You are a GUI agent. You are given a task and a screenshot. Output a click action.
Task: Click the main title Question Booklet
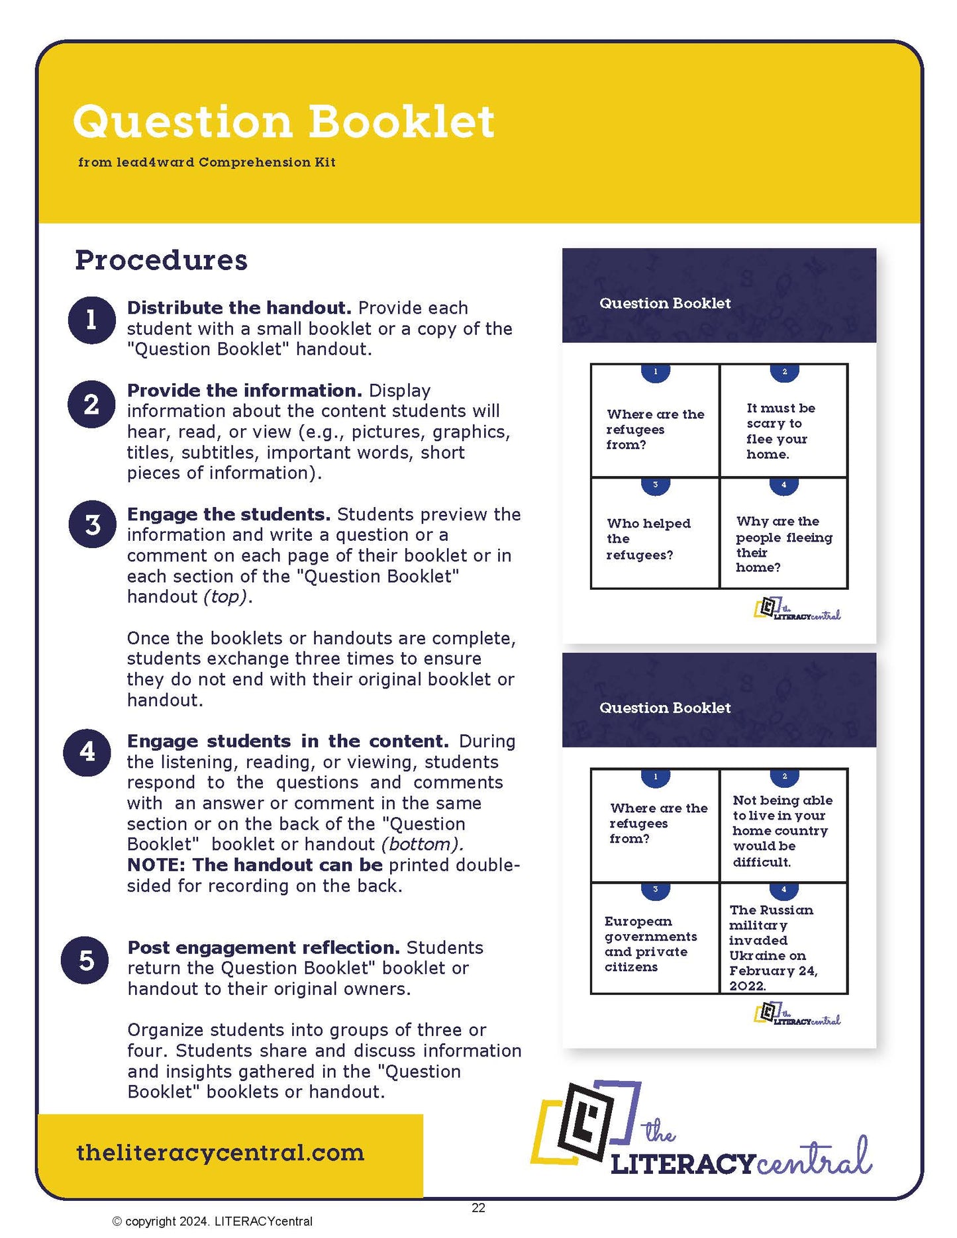pyautogui.click(x=283, y=122)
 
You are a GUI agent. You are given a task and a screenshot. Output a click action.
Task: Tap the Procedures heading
pyautogui.click(x=161, y=260)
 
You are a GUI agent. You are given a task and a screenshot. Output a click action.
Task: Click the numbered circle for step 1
pyautogui.click(x=92, y=320)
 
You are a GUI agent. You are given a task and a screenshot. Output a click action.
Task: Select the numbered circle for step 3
pyautogui.click(x=93, y=524)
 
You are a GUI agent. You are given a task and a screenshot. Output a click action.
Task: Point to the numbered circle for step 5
pyautogui.click(x=85, y=960)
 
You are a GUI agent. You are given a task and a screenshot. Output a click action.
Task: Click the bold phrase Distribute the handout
pyautogui.click(x=239, y=308)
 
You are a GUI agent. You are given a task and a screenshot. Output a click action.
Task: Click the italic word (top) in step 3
pyautogui.click(x=226, y=596)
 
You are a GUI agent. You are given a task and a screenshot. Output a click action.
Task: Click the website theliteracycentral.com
pyautogui.click(x=220, y=1153)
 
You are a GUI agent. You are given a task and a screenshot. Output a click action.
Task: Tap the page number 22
pyautogui.click(x=478, y=1208)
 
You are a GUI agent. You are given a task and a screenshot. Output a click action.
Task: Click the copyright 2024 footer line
pyautogui.click(x=213, y=1221)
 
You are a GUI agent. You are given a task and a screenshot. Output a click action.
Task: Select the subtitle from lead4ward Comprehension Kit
pyautogui.click(x=207, y=162)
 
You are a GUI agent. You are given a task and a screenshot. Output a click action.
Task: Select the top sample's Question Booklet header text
pyautogui.click(x=664, y=303)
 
